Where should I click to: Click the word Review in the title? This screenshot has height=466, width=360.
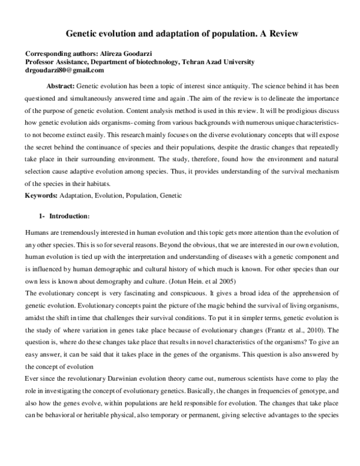pos(281,35)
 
